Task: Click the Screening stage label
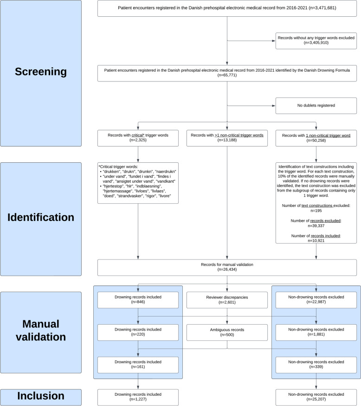coord(41,72)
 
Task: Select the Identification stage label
coord(41,217)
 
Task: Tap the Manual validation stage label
coord(41,330)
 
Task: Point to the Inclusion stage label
coord(41,396)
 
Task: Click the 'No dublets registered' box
coord(316,106)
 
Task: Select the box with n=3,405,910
coord(316,40)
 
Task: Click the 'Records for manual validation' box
coord(227,267)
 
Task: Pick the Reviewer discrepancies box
coord(227,300)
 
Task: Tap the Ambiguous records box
coord(227,332)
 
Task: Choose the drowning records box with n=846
coord(138,300)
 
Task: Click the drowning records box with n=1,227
coord(138,397)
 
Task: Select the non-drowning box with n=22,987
coord(316,300)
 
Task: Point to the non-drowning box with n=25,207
coord(316,397)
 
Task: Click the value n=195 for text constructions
coord(316,211)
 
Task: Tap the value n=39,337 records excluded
coord(316,226)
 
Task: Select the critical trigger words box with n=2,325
coord(138,138)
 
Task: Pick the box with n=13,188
coord(227,138)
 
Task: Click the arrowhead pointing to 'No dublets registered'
coord(274,106)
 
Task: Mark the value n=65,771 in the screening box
coord(227,75)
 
